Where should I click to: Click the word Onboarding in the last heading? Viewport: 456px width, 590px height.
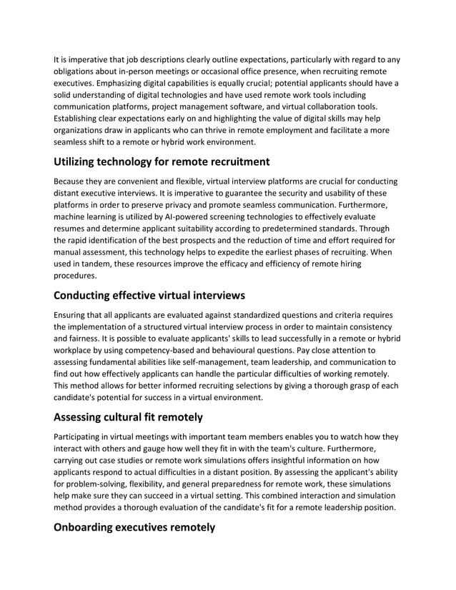coord(90,527)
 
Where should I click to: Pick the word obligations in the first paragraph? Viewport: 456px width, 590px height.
coord(80,72)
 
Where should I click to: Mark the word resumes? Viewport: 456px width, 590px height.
coord(74,229)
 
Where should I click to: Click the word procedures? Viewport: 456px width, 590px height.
coord(78,276)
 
